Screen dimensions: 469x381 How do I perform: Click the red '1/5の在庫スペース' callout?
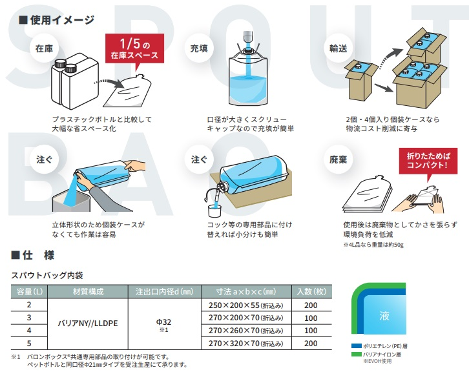(x=134, y=48)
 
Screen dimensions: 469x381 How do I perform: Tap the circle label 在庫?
(x=45, y=48)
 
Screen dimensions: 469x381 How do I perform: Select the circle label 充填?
(x=199, y=48)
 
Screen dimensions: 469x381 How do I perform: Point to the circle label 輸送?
(x=339, y=48)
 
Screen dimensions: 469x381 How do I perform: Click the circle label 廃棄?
(x=339, y=160)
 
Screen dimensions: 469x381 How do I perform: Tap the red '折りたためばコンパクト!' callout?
(x=428, y=161)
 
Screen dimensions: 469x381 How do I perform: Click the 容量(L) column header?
(x=29, y=292)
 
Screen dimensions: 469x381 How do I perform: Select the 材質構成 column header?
(x=88, y=292)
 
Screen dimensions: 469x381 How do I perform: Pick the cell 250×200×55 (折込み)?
(x=247, y=305)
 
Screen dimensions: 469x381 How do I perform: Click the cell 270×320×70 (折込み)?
(x=247, y=344)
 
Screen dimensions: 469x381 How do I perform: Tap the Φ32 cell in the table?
(x=163, y=322)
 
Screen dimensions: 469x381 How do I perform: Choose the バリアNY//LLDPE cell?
(x=88, y=324)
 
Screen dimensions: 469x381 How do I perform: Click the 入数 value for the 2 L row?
(x=311, y=305)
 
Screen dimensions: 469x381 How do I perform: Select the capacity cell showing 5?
(x=29, y=344)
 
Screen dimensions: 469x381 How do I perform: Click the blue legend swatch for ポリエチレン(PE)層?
(x=356, y=346)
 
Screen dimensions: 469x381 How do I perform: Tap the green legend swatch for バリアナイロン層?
(x=356, y=355)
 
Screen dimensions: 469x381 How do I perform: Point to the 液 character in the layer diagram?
(x=384, y=316)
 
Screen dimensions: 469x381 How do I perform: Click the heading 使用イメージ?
(x=57, y=20)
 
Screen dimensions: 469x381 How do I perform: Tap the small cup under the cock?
(x=214, y=211)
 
